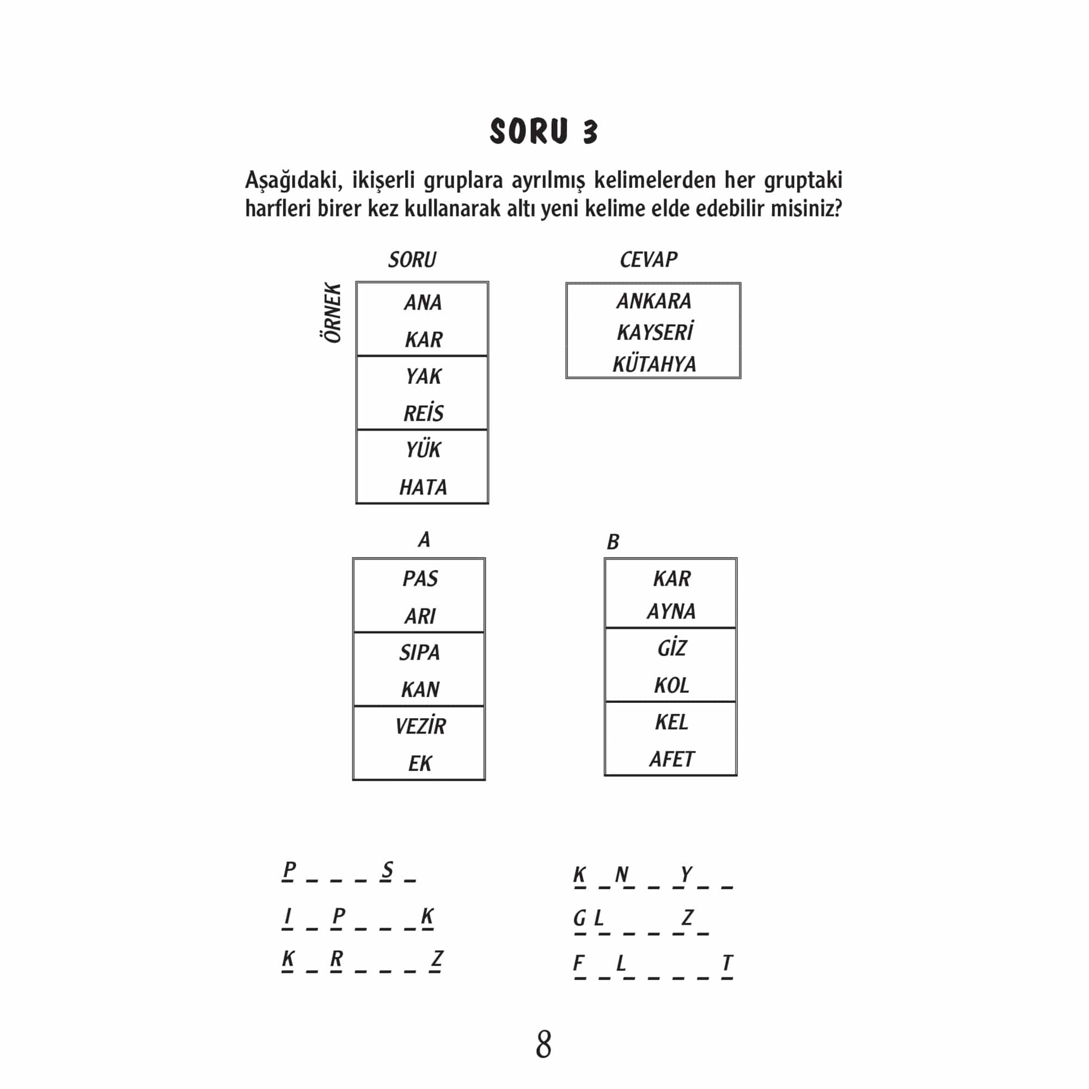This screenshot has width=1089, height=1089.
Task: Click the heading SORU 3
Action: click(x=543, y=132)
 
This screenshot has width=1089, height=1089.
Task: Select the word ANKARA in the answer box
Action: click(x=653, y=302)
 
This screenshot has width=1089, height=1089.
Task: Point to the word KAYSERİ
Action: click(x=654, y=333)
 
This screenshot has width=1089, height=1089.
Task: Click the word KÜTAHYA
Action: click(x=654, y=365)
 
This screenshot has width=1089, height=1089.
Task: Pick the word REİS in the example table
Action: click(x=423, y=414)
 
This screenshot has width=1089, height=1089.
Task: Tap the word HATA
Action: click(x=423, y=487)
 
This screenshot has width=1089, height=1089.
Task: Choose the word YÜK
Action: click(x=423, y=450)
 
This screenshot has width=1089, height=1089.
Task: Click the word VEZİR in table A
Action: click(x=420, y=726)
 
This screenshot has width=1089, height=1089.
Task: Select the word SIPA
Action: click(x=419, y=653)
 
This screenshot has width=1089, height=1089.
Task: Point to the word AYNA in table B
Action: click(x=671, y=611)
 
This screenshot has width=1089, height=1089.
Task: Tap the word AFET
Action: click(x=671, y=759)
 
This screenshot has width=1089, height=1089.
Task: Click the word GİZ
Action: click(x=671, y=648)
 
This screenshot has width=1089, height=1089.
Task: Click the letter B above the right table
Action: click(x=613, y=542)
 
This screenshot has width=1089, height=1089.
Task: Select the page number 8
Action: click(x=543, y=1044)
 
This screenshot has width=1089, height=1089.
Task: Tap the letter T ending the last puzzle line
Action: click(x=727, y=963)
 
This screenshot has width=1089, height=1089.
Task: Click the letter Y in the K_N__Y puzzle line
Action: click(x=686, y=874)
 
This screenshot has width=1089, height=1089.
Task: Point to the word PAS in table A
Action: click(x=420, y=579)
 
